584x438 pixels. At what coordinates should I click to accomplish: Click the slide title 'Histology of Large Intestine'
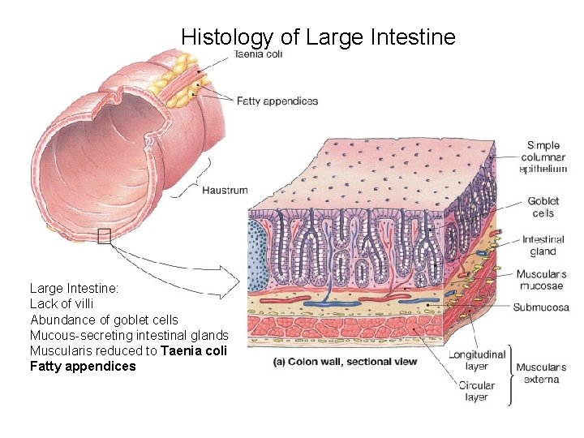(318, 36)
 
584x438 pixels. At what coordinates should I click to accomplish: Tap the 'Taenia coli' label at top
(259, 55)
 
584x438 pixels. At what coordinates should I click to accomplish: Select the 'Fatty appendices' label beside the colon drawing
(277, 101)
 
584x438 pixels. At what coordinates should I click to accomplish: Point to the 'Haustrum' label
(225, 191)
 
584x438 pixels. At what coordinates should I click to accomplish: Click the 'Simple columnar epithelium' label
(543, 157)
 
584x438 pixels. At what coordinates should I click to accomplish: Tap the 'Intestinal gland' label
(543, 246)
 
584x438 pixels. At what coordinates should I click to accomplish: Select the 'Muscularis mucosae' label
(541, 280)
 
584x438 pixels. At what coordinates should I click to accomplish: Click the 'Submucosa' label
(541, 307)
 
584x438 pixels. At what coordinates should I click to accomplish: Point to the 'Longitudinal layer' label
(478, 360)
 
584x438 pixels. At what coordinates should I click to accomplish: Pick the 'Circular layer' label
(476, 391)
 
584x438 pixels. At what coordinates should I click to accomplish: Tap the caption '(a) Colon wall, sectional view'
(346, 361)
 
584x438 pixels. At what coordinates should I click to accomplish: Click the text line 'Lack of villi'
(62, 303)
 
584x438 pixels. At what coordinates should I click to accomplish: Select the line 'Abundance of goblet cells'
(104, 320)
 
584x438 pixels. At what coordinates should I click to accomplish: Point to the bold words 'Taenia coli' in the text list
(194, 350)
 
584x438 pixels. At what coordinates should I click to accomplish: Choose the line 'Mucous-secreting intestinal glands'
(129, 335)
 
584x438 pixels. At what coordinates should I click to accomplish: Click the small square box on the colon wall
(103, 236)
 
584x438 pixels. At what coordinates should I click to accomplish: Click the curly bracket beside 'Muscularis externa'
(511, 374)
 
